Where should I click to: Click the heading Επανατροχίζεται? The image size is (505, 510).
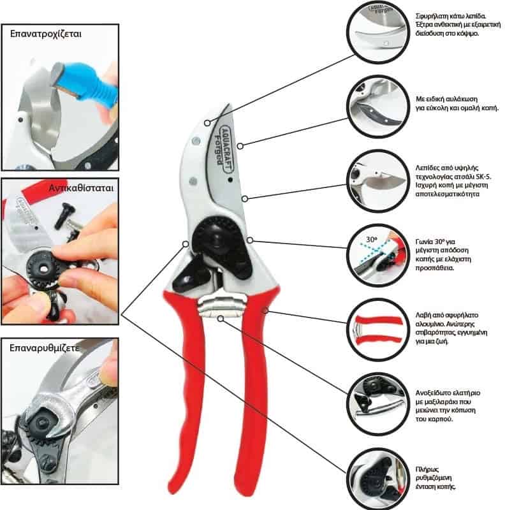pyautogui.click(x=45, y=34)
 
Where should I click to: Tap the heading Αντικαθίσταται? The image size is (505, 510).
pyautogui.click(x=81, y=188)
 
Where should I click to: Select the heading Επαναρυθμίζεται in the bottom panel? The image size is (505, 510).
pyautogui.click(x=44, y=348)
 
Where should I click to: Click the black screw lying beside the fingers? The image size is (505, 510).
pyautogui.click(x=64, y=214)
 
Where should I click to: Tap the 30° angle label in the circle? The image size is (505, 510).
pyautogui.click(x=371, y=240)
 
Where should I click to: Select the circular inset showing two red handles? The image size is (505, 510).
pyautogui.click(x=377, y=330)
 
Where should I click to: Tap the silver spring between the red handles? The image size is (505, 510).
pyautogui.click(x=221, y=305)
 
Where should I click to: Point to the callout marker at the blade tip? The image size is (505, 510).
pyautogui.click(x=207, y=123)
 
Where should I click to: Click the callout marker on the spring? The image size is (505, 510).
pyautogui.click(x=221, y=319)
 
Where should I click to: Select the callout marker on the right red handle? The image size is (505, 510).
pyautogui.click(x=265, y=311)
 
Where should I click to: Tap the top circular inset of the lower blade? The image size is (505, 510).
pyautogui.click(x=377, y=32)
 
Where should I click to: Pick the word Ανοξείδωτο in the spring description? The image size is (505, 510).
pyautogui.click(x=432, y=393)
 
